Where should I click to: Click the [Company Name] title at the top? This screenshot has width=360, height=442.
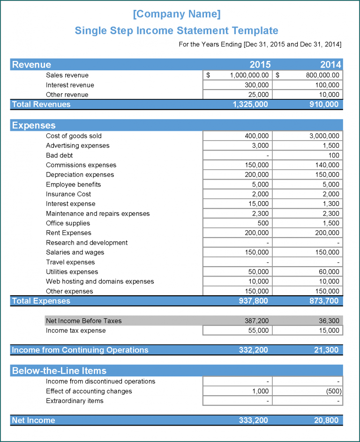tap(176, 14)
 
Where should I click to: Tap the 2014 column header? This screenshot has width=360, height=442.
tap(330, 65)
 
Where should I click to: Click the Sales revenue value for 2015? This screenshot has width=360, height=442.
tap(249, 75)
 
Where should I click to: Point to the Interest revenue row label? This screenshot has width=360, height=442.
tap(70, 85)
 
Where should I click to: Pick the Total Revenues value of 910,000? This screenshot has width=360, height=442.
tap(323, 105)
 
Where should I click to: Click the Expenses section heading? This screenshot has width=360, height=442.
tap(34, 125)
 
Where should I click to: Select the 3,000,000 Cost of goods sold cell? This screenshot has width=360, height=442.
tap(324, 136)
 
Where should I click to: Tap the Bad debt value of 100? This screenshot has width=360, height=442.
tap(334, 155)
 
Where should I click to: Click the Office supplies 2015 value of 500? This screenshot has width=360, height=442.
tap(263, 223)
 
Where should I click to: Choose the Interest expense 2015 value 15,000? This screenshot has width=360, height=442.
tap(258, 204)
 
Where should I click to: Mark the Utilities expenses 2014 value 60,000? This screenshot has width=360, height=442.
tap(328, 272)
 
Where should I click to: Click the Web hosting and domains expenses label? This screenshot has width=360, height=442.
tap(100, 281)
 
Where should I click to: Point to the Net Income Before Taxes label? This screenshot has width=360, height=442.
tap(83, 321)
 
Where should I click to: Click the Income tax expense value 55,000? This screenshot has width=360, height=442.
tap(258, 330)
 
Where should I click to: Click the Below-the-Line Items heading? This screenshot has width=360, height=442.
tap(59, 371)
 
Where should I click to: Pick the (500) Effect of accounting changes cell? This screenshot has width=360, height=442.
tap(333, 391)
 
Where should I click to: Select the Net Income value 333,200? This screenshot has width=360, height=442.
tap(253, 420)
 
